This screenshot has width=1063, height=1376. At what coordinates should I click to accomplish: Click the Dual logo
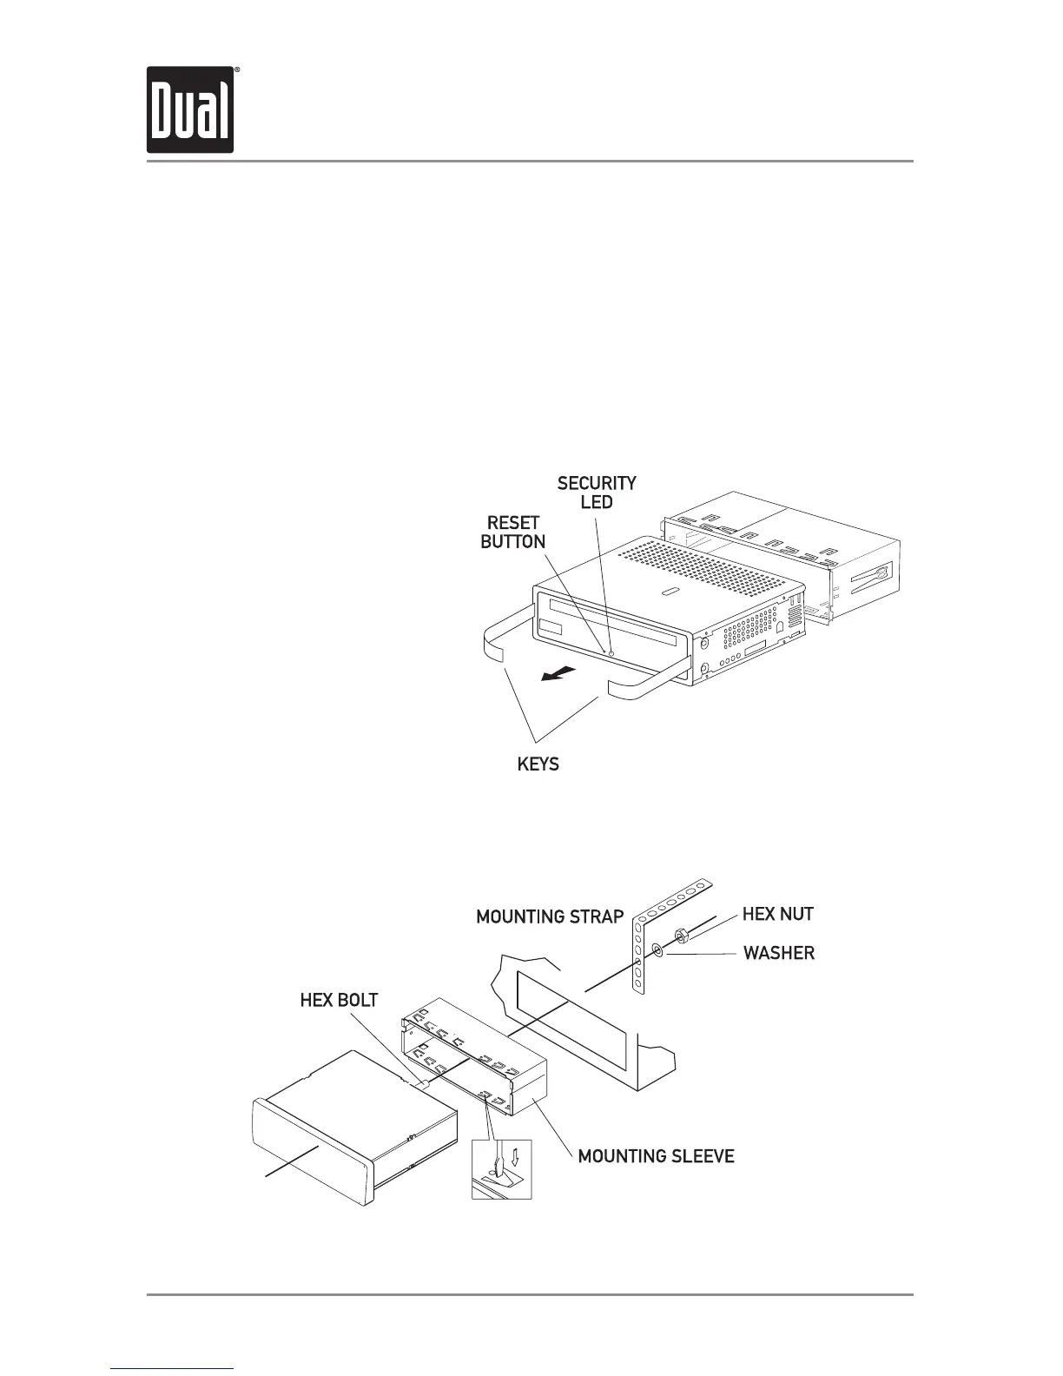point(190,109)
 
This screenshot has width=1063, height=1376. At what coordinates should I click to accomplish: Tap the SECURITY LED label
point(597,493)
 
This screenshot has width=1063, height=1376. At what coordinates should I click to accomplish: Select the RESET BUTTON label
point(513,532)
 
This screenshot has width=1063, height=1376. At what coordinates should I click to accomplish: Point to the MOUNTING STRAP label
point(550,916)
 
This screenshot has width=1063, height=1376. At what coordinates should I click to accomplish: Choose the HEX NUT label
point(777,914)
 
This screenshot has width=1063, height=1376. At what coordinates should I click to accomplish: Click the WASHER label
point(778,953)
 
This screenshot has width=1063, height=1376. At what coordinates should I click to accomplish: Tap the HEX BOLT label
point(339,1000)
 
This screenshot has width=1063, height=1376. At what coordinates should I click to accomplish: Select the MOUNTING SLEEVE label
point(656,1156)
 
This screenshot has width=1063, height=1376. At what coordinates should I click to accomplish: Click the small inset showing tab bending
point(501,1170)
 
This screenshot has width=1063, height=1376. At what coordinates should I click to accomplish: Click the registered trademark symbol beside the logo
point(237,69)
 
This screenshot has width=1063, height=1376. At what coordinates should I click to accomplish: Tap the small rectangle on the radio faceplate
point(551,627)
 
